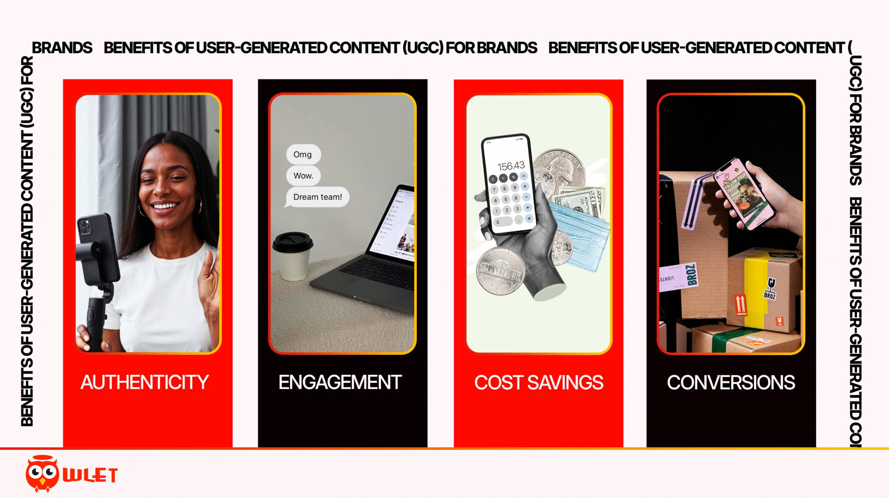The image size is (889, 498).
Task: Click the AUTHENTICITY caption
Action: click(145, 382)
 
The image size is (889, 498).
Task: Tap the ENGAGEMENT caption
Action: click(340, 382)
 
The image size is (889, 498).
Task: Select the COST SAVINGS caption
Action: click(538, 383)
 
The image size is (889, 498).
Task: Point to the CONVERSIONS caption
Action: click(731, 383)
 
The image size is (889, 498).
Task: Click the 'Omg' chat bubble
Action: click(303, 154)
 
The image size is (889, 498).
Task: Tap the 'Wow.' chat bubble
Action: click(303, 176)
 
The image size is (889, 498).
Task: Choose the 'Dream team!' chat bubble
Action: click(317, 197)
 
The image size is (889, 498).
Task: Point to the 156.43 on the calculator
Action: click(511, 166)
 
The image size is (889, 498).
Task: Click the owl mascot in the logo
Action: click(42, 473)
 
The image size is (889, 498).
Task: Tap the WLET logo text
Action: click(90, 475)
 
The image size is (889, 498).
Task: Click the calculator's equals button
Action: click(529, 218)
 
